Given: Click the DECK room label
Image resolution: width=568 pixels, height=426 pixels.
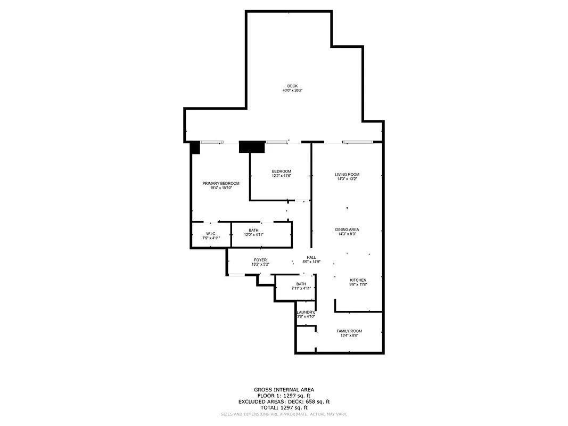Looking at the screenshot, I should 292,86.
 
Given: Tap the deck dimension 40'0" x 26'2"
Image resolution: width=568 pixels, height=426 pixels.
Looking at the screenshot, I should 292,91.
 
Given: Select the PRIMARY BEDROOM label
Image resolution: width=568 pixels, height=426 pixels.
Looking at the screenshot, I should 221,183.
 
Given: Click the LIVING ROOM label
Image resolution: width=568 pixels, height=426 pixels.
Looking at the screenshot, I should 347,175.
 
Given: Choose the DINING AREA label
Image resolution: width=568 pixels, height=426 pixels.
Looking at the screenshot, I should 347,230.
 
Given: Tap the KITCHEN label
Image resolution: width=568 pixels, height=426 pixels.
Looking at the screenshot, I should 358,280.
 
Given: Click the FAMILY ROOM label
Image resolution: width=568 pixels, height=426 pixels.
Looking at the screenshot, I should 349,331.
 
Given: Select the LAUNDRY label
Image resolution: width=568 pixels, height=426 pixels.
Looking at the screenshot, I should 306,312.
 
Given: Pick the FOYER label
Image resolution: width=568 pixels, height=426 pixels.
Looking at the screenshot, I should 260,260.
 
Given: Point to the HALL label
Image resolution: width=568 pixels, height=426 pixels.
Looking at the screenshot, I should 311,257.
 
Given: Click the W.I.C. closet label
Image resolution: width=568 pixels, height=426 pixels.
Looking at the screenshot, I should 211,234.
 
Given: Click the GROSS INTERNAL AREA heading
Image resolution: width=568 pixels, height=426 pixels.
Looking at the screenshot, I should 284,390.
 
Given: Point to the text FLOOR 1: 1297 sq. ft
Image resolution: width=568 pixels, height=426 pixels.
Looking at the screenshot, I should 284,396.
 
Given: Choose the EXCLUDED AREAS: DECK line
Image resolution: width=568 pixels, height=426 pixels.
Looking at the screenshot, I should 284,402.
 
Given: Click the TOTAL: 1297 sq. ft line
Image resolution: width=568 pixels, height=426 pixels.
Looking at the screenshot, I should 284,407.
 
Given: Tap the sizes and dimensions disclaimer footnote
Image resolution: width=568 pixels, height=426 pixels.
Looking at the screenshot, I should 284,414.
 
